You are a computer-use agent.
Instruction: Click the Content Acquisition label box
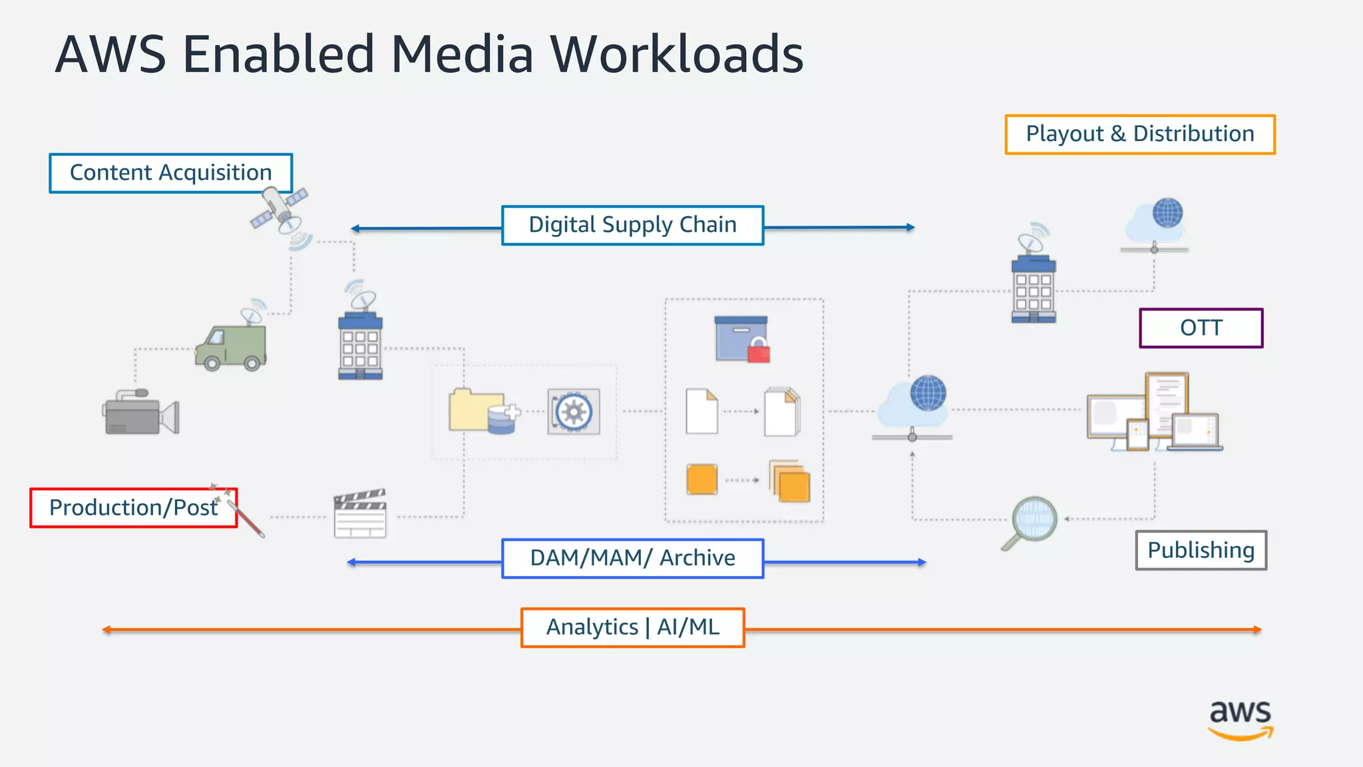coord(170,173)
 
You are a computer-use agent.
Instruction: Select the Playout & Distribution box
coord(1139,134)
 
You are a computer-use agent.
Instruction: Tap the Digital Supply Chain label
coord(632,225)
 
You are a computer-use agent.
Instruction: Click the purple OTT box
coord(1201,328)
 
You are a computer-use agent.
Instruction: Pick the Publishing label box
coord(1201,550)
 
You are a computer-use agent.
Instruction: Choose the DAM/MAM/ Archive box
coord(632,558)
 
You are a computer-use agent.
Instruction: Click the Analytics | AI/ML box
coord(632,627)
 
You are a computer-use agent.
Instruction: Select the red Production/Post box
coord(133,508)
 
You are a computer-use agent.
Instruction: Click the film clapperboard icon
coord(360,514)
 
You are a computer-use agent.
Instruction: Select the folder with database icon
coord(482,411)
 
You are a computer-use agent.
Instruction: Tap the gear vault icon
coord(574,411)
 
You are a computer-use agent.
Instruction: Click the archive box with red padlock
coord(741,339)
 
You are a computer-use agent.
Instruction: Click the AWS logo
coord(1240,719)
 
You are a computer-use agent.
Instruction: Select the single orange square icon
coord(701,479)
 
